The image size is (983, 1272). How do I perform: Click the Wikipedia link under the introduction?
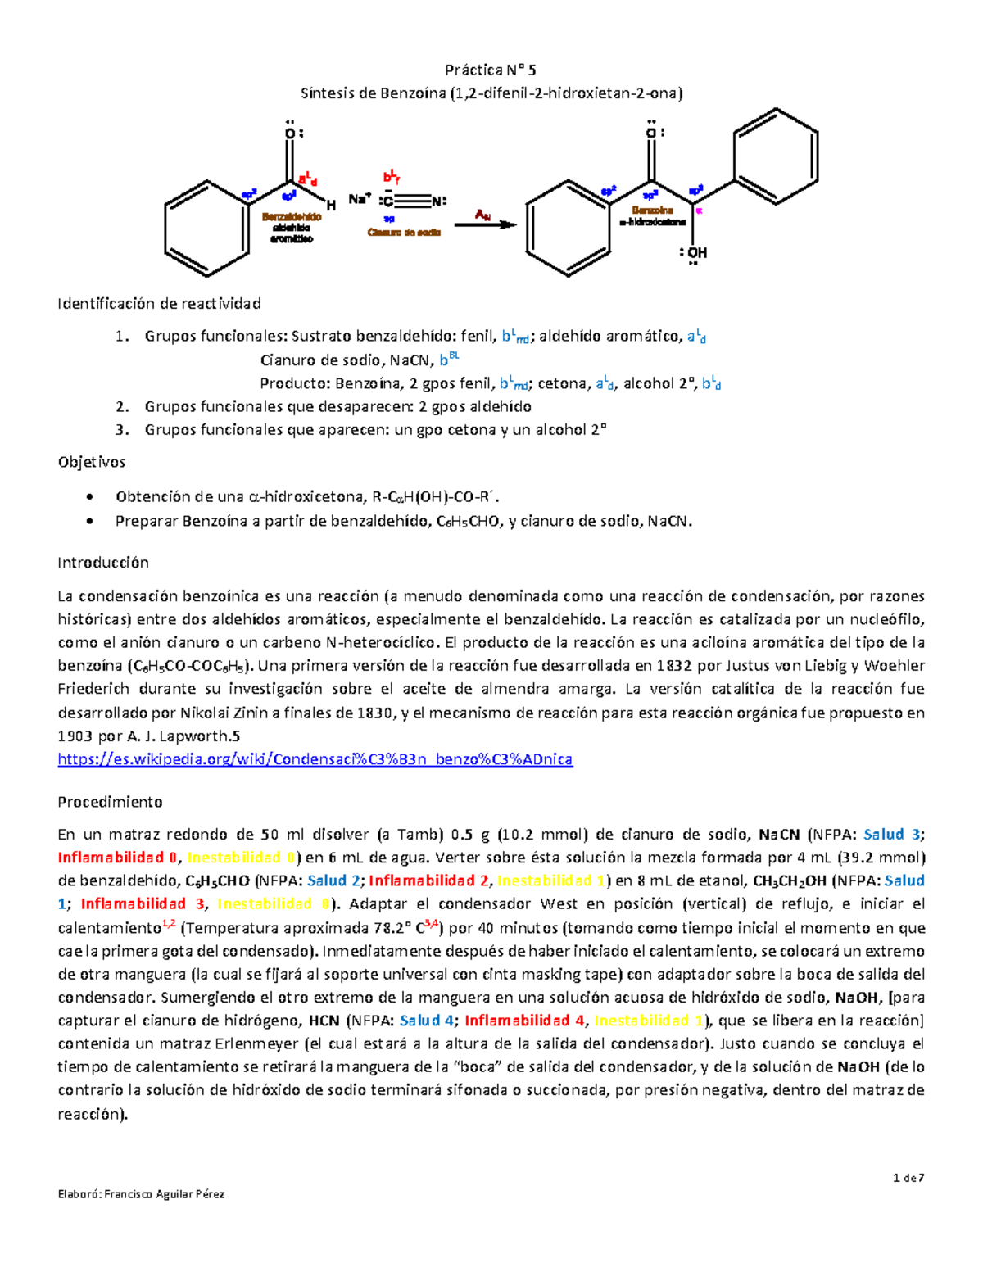point(315,759)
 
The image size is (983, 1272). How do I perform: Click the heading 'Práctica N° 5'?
point(491,70)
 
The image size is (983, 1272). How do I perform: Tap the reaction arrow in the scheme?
point(485,224)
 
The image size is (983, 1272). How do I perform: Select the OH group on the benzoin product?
point(695,253)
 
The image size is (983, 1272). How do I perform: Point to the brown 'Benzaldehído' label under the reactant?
point(292,217)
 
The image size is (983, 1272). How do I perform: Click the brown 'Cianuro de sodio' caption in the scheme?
point(405,233)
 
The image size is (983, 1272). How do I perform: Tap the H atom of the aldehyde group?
point(331,205)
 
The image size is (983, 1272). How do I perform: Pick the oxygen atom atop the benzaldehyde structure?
point(290,134)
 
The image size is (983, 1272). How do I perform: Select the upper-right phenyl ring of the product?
point(775,156)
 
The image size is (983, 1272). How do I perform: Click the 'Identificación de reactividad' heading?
point(159,304)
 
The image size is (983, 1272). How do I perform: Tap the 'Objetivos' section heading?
point(92,462)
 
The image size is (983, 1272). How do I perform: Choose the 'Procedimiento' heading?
point(110,802)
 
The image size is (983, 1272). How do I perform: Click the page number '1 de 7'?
point(908,1178)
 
